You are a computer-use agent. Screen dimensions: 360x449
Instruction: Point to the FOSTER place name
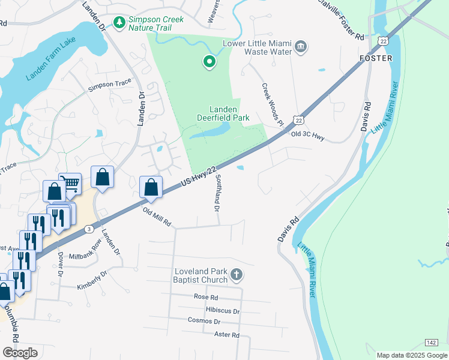point(375,58)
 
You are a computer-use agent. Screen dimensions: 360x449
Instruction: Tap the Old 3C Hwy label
point(307,137)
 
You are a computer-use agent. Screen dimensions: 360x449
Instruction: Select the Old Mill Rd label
point(157,217)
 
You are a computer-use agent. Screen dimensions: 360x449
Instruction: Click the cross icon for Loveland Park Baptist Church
point(237,275)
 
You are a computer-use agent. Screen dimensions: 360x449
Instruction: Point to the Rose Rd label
point(205,297)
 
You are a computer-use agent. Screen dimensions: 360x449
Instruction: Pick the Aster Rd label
point(226,335)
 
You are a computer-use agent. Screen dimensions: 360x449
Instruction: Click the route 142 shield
point(431,342)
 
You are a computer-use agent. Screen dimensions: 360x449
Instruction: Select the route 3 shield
point(89,229)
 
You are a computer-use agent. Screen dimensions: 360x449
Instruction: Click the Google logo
point(20,353)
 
